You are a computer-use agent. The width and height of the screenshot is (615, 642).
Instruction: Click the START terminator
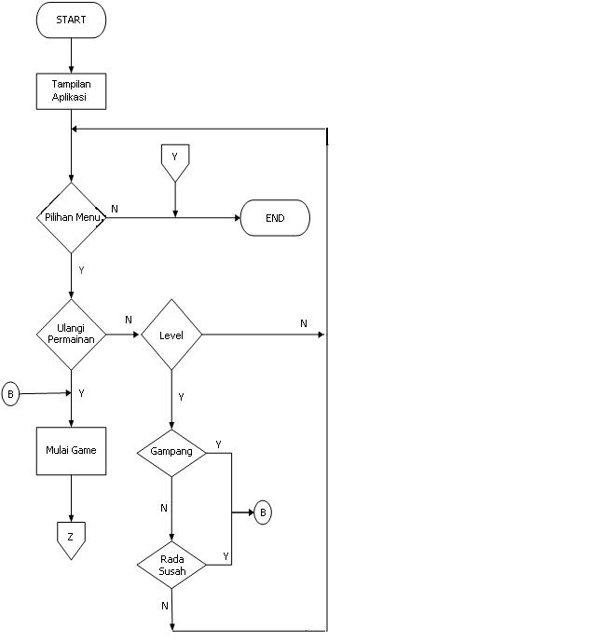[71, 20]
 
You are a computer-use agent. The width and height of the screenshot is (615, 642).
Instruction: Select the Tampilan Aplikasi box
[71, 91]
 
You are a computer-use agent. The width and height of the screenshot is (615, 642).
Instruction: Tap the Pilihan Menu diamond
[71, 217]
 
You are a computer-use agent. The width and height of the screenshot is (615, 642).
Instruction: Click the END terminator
[275, 218]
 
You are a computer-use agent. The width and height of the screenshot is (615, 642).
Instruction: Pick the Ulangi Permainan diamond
[71, 334]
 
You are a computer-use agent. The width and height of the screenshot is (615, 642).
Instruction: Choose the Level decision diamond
[171, 335]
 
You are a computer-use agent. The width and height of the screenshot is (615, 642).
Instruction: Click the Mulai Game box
[71, 451]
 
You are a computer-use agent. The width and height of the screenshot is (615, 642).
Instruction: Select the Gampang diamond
[171, 452]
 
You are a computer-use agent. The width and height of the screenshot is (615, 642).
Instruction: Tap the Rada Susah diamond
[171, 565]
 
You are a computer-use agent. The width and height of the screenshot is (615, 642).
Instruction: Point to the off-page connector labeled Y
[174, 161]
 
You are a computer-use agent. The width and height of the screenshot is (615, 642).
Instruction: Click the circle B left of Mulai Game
[11, 394]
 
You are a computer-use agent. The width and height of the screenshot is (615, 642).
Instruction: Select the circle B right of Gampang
[263, 512]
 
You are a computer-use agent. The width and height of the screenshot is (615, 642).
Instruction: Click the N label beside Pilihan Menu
[115, 209]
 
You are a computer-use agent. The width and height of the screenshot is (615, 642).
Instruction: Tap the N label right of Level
[304, 323]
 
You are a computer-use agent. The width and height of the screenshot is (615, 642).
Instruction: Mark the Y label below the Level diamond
[181, 397]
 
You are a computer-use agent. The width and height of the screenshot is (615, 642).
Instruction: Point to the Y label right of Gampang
[218, 444]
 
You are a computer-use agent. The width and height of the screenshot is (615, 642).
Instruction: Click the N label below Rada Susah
[165, 605]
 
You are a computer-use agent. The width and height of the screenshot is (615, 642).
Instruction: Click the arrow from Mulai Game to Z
[71, 499]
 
